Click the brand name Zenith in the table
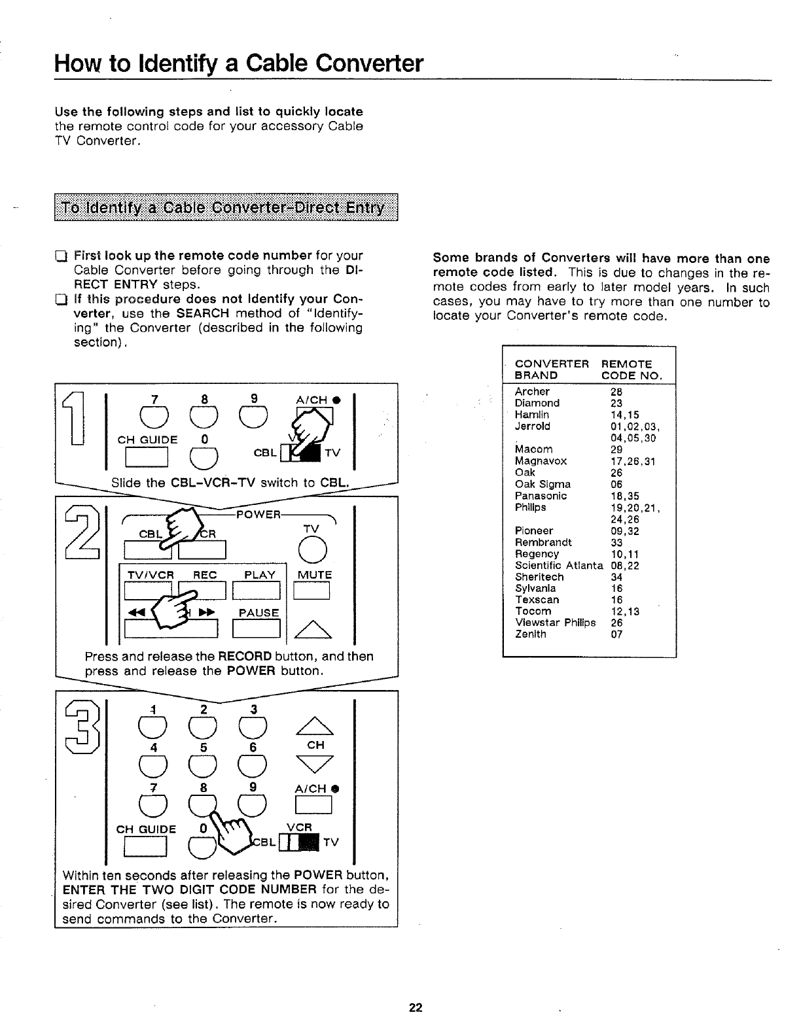[x=531, y=634]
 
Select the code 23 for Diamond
[x=617, y=404]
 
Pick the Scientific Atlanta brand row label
[x=559, y=566]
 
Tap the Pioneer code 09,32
[x=625, y=531]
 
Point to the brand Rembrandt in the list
[x=543, y=543]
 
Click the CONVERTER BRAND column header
[x=552, y=370]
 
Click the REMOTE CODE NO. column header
[x=632, y=370]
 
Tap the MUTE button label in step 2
[x=315, y=575]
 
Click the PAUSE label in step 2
[x=259, y=613]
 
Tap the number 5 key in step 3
[x=204, y=763]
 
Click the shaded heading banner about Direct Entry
[x=226, y=209]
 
